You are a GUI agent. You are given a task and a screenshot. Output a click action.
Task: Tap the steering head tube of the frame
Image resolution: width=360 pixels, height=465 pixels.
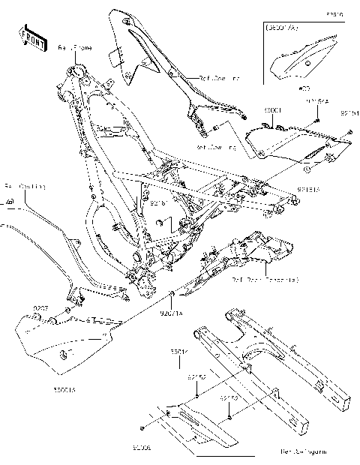[75, 74]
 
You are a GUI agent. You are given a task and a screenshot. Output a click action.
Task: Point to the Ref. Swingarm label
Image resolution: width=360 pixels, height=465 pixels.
[301, 452]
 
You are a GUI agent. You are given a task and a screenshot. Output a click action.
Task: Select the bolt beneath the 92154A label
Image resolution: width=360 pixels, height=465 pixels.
[316, 118]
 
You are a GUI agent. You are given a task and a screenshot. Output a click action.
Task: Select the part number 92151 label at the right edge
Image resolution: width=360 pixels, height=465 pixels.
[349, 114]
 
